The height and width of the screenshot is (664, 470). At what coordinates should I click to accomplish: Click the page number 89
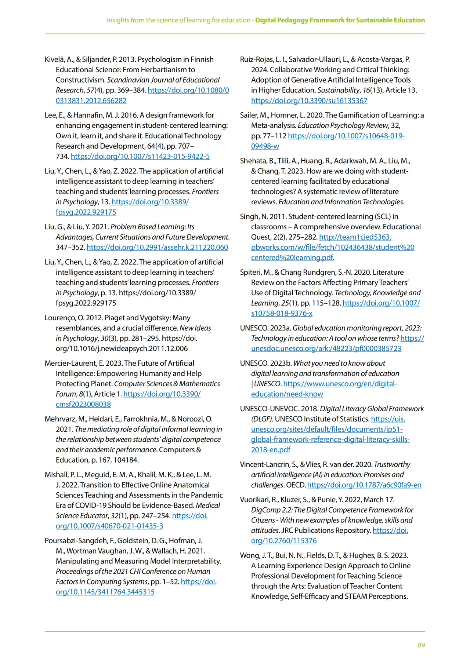pos(421,645)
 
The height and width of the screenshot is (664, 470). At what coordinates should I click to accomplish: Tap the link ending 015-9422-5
pos(140,156)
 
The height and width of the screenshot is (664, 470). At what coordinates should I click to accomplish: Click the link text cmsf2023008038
pos(83,404)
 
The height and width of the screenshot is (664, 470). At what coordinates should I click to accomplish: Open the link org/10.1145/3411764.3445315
pos(105,592)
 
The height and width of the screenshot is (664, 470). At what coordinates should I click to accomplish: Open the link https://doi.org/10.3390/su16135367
pos(309,101)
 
